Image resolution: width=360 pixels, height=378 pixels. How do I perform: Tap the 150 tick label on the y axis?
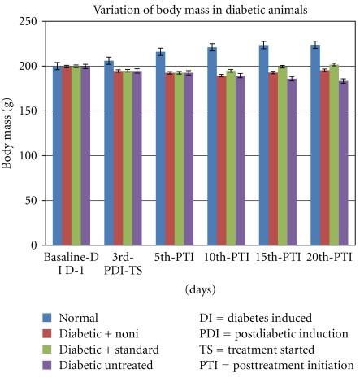31,111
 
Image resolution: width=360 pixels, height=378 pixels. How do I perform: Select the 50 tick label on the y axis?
33,200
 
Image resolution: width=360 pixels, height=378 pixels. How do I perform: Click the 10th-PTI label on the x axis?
228,258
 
